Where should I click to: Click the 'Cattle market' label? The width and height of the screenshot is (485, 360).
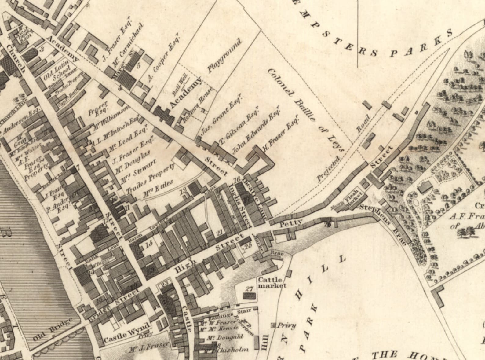pyautogui.click(x=272, y=283)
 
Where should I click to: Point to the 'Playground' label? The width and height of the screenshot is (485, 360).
pyautogui.click(x=224, y=56)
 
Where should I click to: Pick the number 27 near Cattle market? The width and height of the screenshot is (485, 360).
pyautogui.click(x=250, y=288)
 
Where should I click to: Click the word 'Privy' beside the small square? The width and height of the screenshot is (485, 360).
pyautogui.click(x=287, y=325)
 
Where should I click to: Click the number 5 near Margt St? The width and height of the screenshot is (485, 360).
pyautogui.click(x=139, y=65)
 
